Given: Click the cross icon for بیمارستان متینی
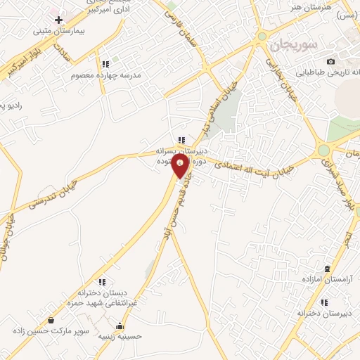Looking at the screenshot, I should [58, 20].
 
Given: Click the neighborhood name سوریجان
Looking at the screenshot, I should [293, 44].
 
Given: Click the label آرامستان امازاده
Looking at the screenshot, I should [327, 281].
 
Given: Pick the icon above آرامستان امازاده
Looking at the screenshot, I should [327, 269].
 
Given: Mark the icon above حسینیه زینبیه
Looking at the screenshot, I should [122, 326].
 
